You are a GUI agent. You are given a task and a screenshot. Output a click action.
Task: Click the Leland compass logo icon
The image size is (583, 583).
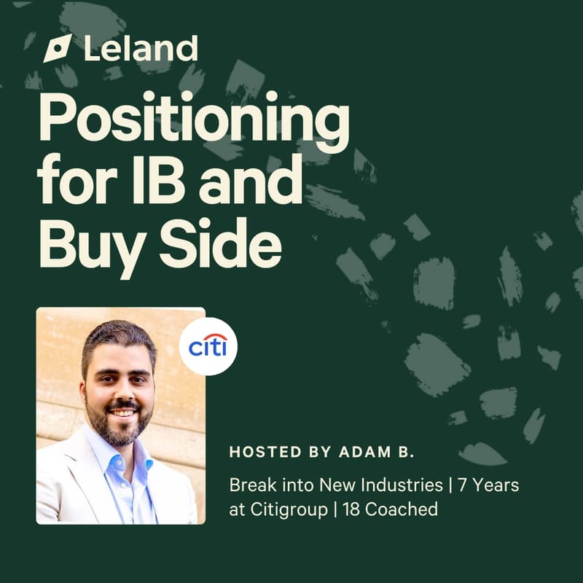click(x=58, y=48)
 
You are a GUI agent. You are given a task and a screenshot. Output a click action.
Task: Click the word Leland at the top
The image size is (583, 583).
click(x=141, y=48)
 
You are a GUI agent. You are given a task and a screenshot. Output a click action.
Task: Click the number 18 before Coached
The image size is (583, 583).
click(x=349, y=509)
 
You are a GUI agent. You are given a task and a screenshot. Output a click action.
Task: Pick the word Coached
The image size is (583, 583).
click(x=402, y=509)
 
